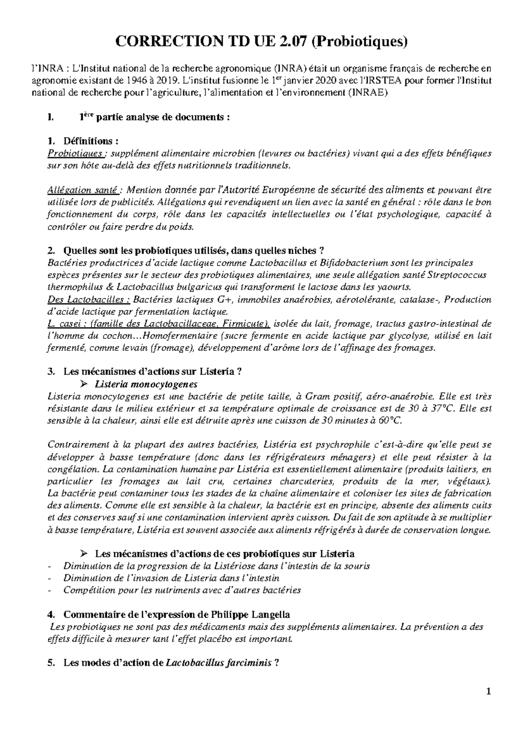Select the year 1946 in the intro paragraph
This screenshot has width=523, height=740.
point(139,80)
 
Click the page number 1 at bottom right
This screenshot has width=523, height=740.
point(489,692)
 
